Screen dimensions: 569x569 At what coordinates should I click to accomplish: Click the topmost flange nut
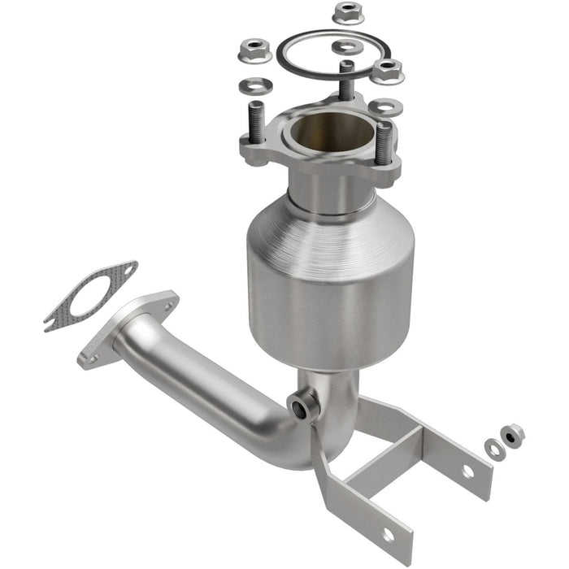click(345, 13)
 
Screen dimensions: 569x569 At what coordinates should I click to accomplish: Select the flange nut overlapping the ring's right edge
click(387, 71)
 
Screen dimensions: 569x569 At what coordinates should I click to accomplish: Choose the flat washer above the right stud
click(384, 106)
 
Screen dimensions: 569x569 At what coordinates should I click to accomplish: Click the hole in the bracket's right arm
click(468, 471)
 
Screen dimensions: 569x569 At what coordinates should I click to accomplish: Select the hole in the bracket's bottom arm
click(387, 534)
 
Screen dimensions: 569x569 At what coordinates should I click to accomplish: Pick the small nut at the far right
click(512, 436)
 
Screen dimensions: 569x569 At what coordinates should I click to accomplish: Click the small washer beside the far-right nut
click(493, 448)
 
